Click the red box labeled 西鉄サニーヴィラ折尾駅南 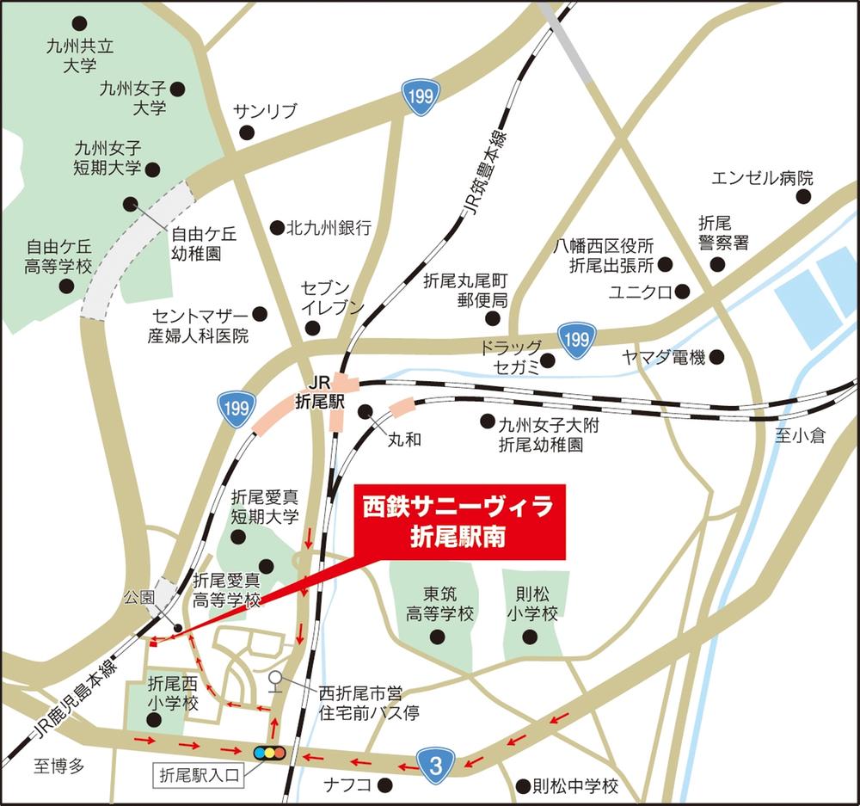click(x=459, y=521)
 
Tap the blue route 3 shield click(x=435, y=761)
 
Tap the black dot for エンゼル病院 click(x=803, y=197)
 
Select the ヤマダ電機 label click(x=664, y=356)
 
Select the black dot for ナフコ click(x=385, y=785)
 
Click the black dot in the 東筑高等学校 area click(x=437, y=637)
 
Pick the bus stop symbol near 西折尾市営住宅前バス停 click(x=274, y=680)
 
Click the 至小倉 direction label click(x=799, y=436)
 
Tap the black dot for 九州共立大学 click(x=80, y=22)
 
